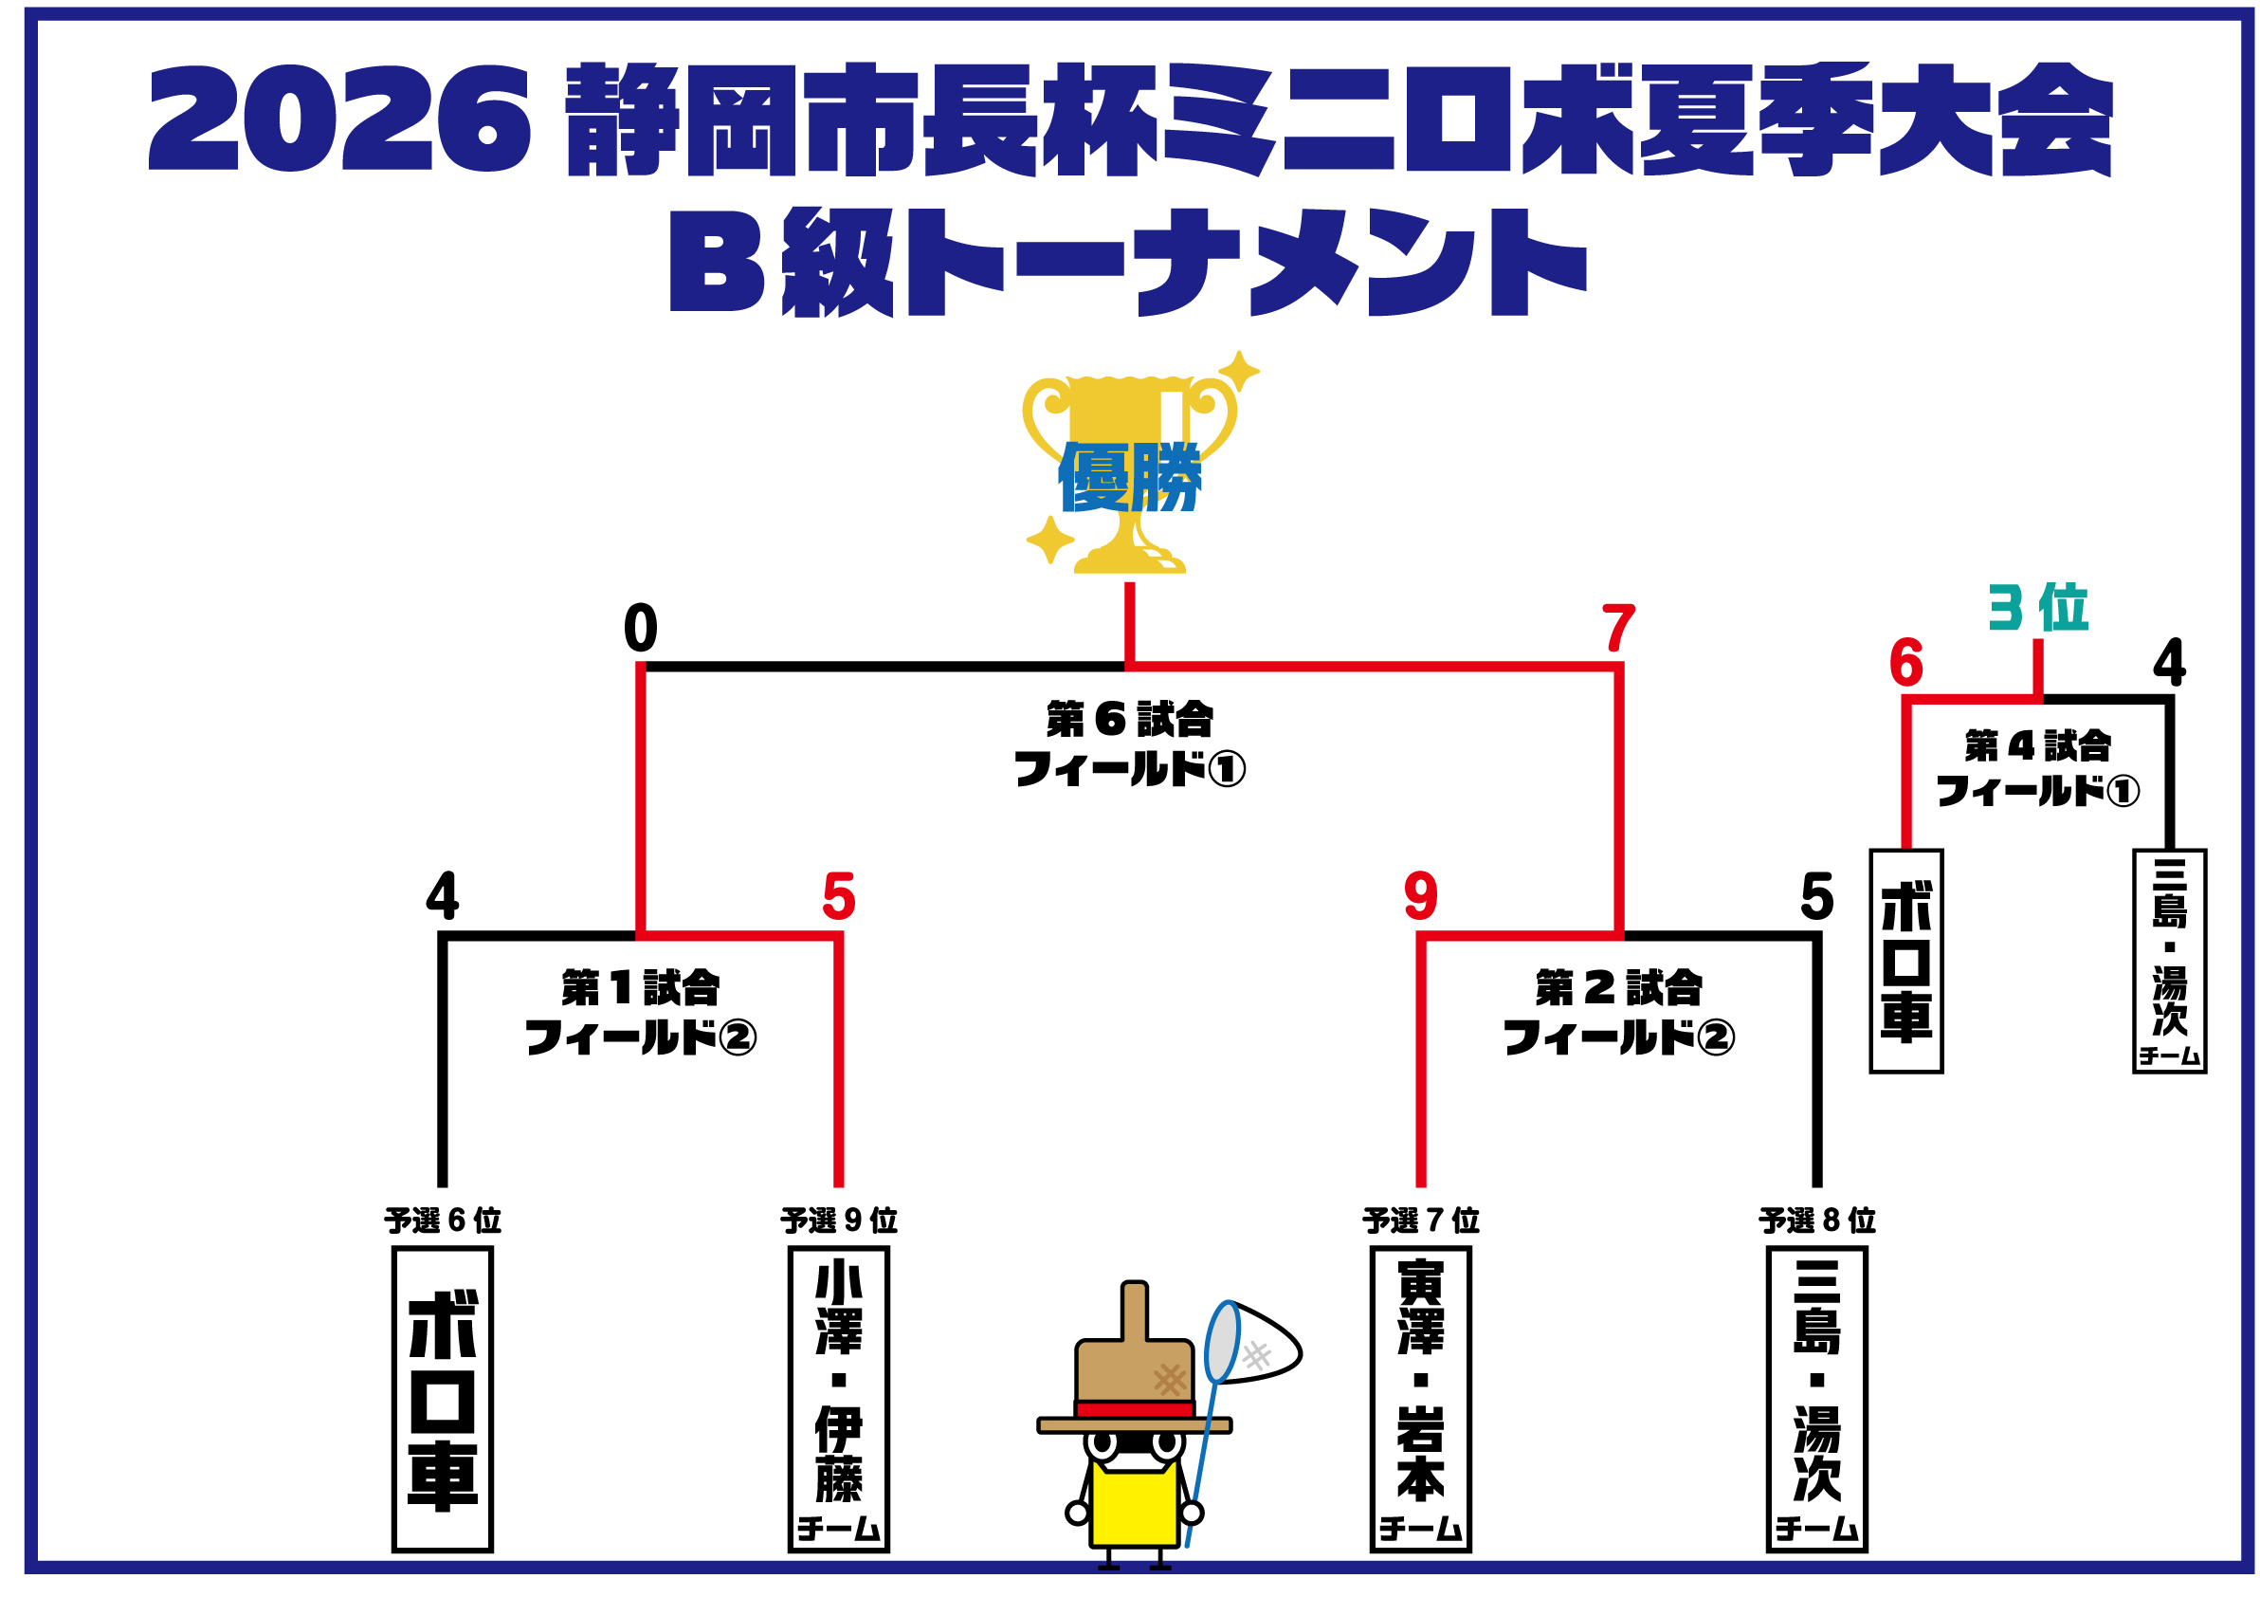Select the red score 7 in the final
[1618, 628]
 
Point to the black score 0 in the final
[641, 628]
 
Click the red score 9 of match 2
[1420, 896]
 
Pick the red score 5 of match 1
[839, 897]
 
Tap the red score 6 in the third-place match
[1906, 663]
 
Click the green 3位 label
[2037, 608]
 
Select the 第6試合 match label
[1130, 720]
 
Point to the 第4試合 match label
[2038, 746]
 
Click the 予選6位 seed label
[443, 1221]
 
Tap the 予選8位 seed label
[1817, 1221]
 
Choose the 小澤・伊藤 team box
[839, 1399]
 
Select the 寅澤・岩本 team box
[1420, 1399]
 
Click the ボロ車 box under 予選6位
[443, 1399]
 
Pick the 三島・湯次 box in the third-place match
[2169, 961]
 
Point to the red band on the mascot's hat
[1135, 1410]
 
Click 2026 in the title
[339, 119]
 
